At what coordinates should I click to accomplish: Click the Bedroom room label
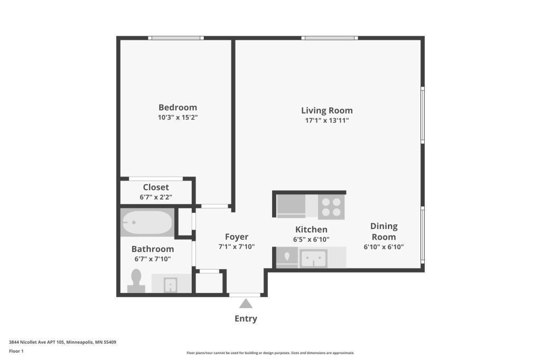click(x=178, y=107)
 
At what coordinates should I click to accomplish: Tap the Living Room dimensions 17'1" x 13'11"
click(x=327, y=120)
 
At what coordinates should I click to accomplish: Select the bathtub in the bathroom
click(x=147, y=222)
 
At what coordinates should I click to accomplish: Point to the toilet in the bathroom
click(x=136, y=281)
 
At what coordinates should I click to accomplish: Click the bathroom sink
click(x=171, y=285)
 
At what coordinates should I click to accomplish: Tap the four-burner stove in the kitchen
click(x=331, y=207)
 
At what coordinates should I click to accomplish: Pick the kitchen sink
click(x=314, y=258)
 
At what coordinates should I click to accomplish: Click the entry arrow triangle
click(x=246, y=304)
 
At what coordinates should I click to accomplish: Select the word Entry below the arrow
click(x=246, y=318)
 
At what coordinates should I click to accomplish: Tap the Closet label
click(x=156, y=187)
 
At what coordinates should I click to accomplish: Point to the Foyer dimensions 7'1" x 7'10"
click(x=237, y=247)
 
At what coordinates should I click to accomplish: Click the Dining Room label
click(x=384, y=231)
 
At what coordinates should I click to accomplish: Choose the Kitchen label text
click(x=311, y=229)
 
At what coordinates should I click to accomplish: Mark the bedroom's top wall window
click(x=176, y=38)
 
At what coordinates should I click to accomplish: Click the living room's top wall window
click(x=330, y=38)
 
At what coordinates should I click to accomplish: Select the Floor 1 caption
click(x=16, y=352)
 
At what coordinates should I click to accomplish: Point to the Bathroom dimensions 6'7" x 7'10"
click(x=153, y=259)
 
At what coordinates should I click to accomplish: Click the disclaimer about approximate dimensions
click(x=270, y=353)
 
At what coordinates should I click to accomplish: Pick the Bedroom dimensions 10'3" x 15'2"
click(x=178, y=117)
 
